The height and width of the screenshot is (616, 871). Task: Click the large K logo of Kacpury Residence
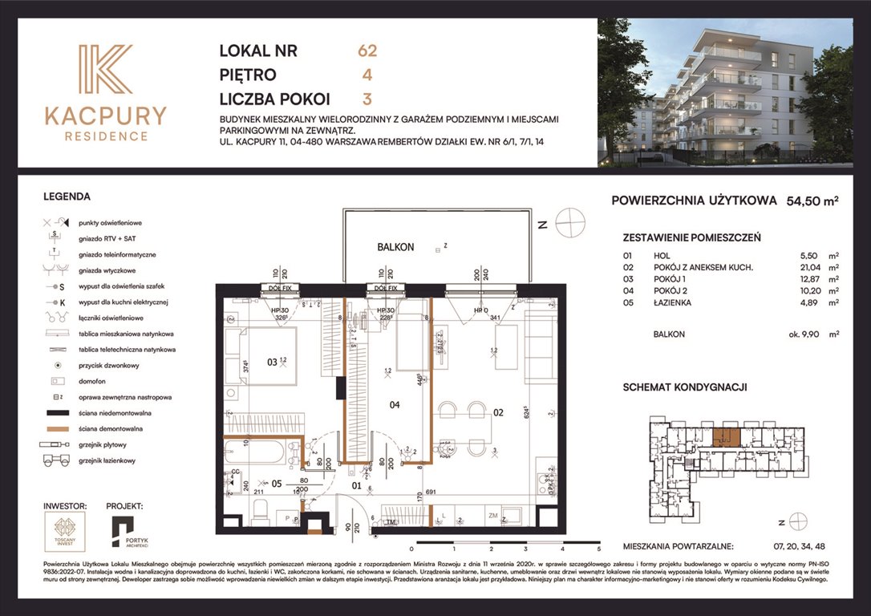pos(105,70)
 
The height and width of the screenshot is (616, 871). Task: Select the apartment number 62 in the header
pos(367,51)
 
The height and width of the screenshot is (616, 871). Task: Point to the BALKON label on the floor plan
pos(395,247)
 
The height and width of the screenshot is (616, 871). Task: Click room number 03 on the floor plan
pos(272,363)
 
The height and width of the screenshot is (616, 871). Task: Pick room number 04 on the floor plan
pos(394,405)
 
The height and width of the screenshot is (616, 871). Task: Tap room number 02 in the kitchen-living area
pos(497,413)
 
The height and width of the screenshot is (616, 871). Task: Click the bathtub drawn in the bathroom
pos(258,455)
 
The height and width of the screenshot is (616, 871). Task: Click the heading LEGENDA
pos(67,196)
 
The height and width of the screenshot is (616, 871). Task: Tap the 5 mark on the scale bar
pos(598,549)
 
